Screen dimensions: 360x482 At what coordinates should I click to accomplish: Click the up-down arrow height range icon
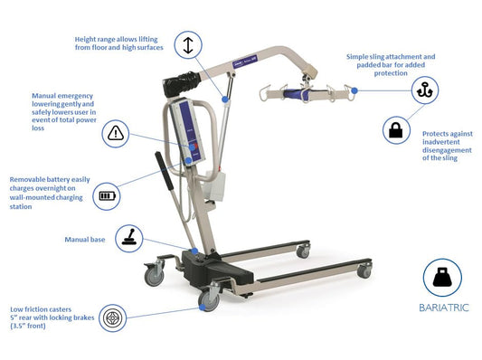click(x=188, y=44)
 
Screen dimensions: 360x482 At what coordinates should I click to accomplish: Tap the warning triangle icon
click(x=116, y=134)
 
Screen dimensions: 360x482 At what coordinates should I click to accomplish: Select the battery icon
click(x=108, y=194)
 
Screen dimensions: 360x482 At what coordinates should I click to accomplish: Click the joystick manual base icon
click(x=132, y=239)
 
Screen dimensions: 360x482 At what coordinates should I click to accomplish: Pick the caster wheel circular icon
click(x=112, y=318)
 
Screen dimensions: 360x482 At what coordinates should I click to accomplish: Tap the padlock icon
click(x=394, y=130)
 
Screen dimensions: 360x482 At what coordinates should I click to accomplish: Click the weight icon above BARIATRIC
click(x=442, y=278)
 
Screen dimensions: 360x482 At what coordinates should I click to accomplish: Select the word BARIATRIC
click(x=442, y=308)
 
